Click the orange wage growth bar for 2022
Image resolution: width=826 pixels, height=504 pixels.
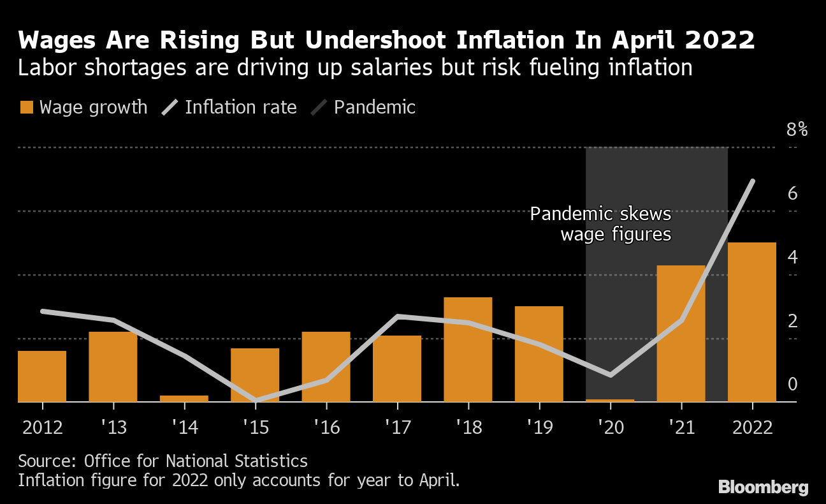coord(752,322)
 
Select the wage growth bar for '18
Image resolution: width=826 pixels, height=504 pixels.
coord(468,349)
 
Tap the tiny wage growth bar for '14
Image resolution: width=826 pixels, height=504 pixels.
coord(184,398)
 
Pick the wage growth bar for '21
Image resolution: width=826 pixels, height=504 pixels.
coord(681,333)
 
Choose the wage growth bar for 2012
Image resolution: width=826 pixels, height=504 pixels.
coord(42,376)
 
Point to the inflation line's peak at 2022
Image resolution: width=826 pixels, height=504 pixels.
coord(753,182)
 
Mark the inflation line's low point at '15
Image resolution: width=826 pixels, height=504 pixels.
coord(256,400)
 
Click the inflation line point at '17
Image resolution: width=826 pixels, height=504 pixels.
coord(397,316)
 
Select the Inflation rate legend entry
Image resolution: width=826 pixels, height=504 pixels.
coord(231,107)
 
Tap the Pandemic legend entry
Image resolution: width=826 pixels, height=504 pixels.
coord(364,107)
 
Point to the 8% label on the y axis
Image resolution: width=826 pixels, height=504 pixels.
coord(797,130)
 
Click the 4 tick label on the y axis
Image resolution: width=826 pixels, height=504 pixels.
coord(793,257)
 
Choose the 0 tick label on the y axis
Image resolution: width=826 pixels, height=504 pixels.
coord(793,384)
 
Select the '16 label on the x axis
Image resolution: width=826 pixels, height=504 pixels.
coord(326,427)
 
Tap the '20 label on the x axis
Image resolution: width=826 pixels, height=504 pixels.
coord(611,427)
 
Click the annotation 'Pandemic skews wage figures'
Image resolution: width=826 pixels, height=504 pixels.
coord(600,224)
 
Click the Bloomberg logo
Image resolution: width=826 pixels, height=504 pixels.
coord(763,487)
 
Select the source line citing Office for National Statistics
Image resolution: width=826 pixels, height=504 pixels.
coord(163,461)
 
